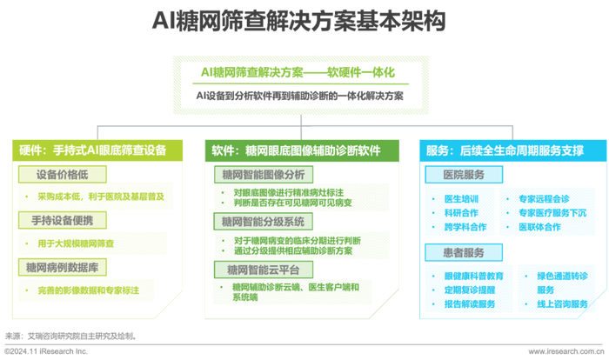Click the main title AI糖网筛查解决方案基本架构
[298, 21]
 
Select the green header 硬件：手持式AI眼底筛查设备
[97, 150]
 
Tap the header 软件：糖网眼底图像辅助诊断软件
[302, 150]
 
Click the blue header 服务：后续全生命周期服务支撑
[512, 150]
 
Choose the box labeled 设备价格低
[62, 175]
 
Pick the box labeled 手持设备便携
[62, 220]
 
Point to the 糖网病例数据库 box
[62, 267]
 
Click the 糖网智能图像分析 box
[264, 175]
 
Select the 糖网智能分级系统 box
[263, 222]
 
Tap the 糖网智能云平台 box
[264, 270]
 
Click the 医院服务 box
[464, 175]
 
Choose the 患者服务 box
[464, 253]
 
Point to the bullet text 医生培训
[461, 199]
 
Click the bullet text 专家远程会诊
[544, 199]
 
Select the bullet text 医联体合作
[539, 227]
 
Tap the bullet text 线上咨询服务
[562, 304]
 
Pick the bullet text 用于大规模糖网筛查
[76, 243]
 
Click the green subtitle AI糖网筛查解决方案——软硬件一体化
[298, 72]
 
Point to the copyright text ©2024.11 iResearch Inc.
[46, 351]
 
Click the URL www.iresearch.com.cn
[566, 351]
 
